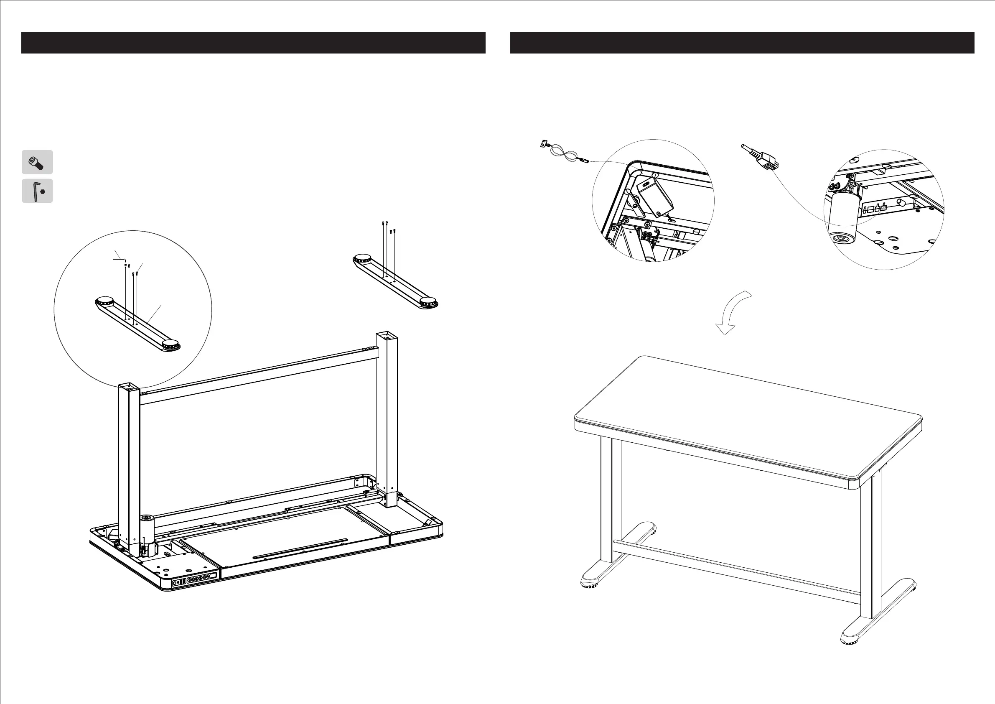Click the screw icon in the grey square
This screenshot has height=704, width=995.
click(37, 162)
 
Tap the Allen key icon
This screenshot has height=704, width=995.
click(37, 191)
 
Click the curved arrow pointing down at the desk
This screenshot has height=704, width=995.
click(733, 312)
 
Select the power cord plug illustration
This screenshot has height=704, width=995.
click(761, 158)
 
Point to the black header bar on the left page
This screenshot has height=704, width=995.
click(253, 43)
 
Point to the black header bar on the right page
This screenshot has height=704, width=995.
click(742, 43)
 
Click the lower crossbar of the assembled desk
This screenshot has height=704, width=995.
click(737, 568)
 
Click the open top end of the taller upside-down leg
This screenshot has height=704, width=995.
click(387, 336)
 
